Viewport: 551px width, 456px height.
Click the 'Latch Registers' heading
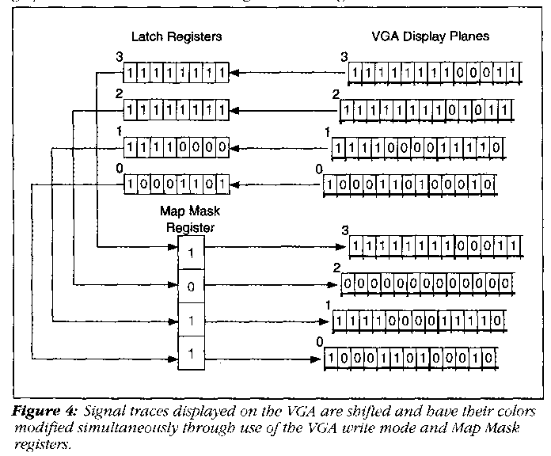coord(177,37)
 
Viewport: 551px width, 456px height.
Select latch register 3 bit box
coord(175,74)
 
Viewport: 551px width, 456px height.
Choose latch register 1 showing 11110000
coord(175,147)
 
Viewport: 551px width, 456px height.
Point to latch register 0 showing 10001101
coord(175,184)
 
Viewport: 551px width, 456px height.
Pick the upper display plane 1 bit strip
coord(416,148)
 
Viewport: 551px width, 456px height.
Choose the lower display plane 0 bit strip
coord(412,358)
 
